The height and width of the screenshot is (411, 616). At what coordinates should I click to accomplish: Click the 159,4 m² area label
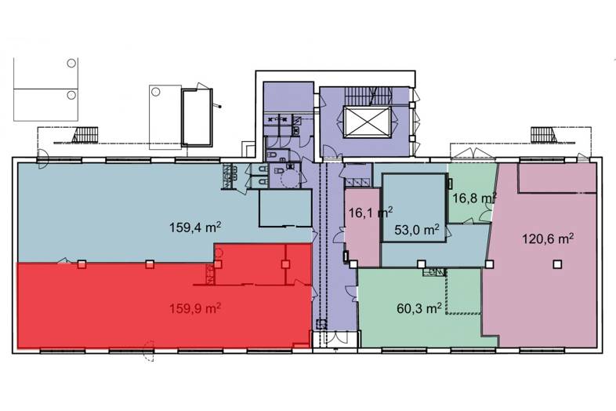pyautogui.click(x=194, y=227)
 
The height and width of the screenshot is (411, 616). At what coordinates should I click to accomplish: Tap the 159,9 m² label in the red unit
pyautogui.click(x=194, y=308)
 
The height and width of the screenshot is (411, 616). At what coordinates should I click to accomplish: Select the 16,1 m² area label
pyautogui.click(x=371, y=213)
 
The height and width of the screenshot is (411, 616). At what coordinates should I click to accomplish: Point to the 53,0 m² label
pyautogui.click(x=416, y=230)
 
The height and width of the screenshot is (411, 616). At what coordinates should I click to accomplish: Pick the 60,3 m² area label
pyautogui.click(x=419, y=308)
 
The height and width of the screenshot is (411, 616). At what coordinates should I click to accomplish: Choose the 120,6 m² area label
pyautogui.click(x=548, y=238)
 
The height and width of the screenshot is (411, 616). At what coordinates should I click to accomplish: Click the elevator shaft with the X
pyautogui.click(x=367, y=122)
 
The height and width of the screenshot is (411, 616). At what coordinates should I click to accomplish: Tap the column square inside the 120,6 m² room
pyautogui.click(x=557, y=264)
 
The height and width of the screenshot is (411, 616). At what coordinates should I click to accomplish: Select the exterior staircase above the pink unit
pyautogui.click(x=544, y=135)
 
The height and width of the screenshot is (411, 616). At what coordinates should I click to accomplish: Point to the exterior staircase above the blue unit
pyautogui.click(x=85, y=135)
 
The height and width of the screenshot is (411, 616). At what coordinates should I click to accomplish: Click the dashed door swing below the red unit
pyautogui.click(x=148, y=351)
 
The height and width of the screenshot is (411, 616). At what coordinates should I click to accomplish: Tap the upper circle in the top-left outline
pyautogui.click(x=71, y=63)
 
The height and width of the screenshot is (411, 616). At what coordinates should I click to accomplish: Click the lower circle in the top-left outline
pyautogui.click(x=71, y=95)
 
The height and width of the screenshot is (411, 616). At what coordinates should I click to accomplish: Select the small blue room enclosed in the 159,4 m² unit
pyautogui.click(x=285, y=208)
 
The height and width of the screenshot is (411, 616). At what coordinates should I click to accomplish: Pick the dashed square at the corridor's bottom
pyautogui.click(x=322, y=324)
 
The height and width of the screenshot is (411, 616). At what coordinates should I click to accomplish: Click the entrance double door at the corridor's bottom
pyautogui.click(x=335, y=340)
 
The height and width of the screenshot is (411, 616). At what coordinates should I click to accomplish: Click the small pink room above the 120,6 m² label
pyautogui.click(x=556, y=177)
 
